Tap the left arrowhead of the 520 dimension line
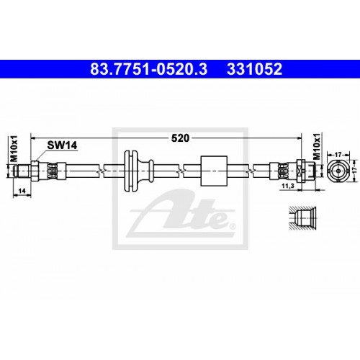pos(35,140)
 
